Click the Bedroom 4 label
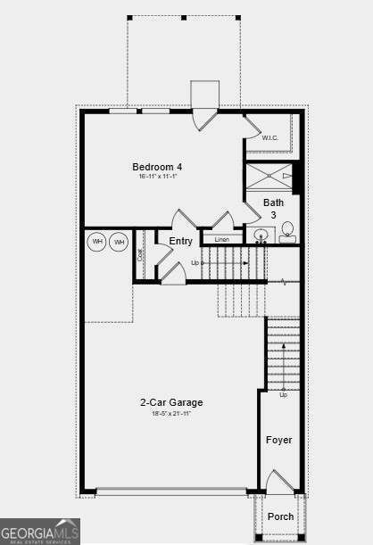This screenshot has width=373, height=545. (157, 167)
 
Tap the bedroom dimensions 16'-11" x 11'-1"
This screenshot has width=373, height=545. (157, 177)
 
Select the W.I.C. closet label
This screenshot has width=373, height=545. (270, 137)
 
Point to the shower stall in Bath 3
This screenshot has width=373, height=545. (269, 177)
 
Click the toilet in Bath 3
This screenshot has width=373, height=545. (288, 234)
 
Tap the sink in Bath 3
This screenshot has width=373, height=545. (261, 236)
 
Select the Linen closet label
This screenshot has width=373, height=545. (222, 240)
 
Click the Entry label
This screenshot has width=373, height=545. (181, 241)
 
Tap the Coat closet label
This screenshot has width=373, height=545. (141, 255)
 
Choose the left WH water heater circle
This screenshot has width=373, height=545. (97, 242)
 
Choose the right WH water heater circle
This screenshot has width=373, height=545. (119, 242)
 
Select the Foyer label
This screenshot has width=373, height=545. (279, 440)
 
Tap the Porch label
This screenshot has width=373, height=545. (280, 516)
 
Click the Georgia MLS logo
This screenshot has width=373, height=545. (40, 531)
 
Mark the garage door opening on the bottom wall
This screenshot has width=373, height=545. (171, 491)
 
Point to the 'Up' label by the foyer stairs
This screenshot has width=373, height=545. (283, 395)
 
